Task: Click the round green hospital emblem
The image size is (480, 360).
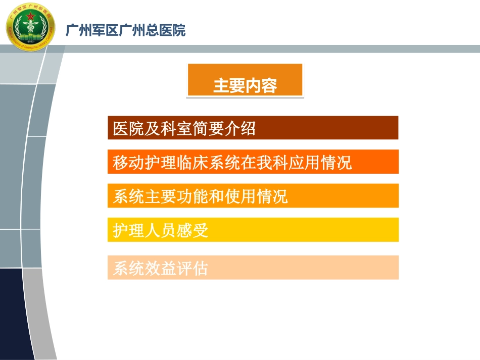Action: [x=31, y=27]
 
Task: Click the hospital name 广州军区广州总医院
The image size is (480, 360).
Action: [x=125, y=30]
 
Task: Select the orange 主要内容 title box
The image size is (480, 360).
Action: [x=245, y=80]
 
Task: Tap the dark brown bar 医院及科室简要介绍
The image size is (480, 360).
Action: [x=253, y=128]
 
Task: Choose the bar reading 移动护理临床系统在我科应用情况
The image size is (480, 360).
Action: [x=253, y=162]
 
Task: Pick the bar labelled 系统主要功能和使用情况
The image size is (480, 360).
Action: [x=253, y=196]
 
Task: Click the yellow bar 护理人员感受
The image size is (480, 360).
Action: [x=253, y=230]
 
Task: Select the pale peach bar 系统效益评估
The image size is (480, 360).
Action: [x=253, y=267]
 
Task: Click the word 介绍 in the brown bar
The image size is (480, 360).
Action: [x=240, y=128]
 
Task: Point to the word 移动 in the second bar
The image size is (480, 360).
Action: [x=128, y=163]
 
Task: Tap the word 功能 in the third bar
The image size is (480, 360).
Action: [x=193, y=196]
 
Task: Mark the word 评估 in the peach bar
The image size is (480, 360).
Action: [x=193, y=268]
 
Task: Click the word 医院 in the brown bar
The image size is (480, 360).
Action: [x=128, y=128]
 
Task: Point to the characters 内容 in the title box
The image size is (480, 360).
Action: [x=261, y=86]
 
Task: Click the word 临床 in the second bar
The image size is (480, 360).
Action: [x=193, y=163]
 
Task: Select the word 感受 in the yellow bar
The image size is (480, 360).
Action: [x=193, y=230]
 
